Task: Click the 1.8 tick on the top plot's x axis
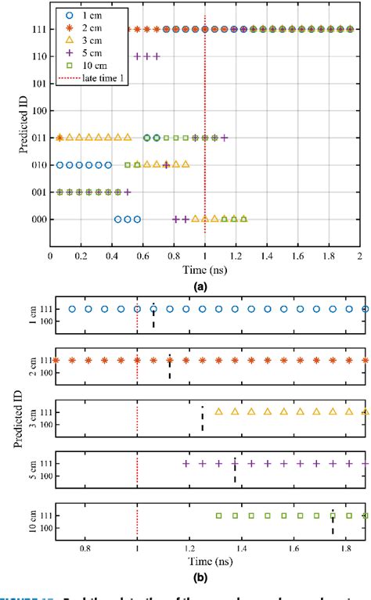pyautogui.click(x=329, y=255)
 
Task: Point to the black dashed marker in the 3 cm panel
pyautogui.click(x=203, y=397)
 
